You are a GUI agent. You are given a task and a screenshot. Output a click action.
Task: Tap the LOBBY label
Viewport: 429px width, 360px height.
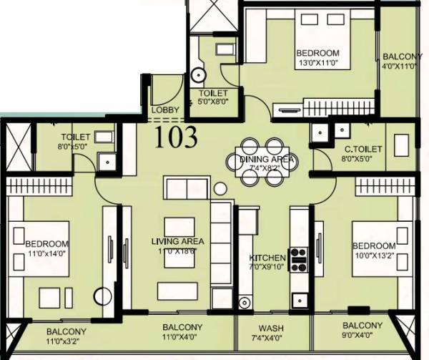coord(165,110)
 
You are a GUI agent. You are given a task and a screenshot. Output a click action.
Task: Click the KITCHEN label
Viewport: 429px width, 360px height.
coord(267,258)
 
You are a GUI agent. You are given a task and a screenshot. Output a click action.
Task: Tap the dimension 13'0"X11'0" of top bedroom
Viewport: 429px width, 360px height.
coord(318,64)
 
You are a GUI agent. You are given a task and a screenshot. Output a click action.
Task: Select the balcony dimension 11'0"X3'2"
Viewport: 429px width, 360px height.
coord(66,342)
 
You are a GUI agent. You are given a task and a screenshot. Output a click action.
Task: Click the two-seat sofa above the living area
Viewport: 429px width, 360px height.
coord(187,188)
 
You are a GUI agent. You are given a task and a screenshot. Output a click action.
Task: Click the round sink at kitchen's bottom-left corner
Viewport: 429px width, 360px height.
coord(247,301)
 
